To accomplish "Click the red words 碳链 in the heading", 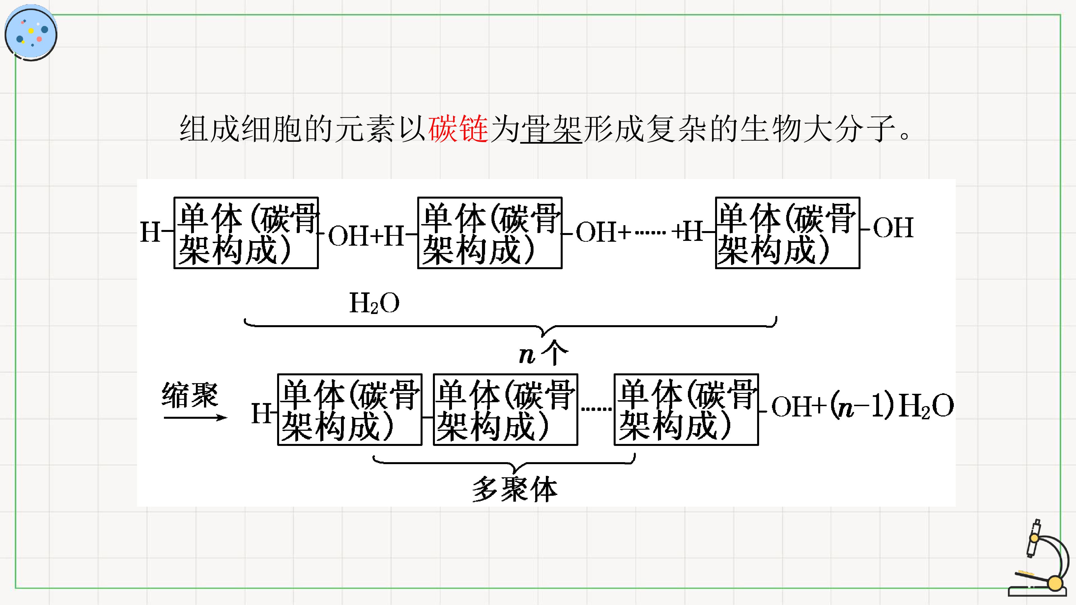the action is tap(458, 128).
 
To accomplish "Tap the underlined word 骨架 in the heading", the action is tap(551, 129).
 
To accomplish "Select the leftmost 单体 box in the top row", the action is tap(246, 232).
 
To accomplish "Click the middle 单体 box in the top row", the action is tap(490, 232).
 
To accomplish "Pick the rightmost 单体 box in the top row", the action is tap(787, 232).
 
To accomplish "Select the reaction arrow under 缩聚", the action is tap(195, 417).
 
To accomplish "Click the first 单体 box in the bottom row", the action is tap(350, 409).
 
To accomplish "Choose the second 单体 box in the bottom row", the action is tap(505, 409).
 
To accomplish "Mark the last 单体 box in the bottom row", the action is tap(686, 409).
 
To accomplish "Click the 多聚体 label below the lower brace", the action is tap(515, 489).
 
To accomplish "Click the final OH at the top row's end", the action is tap(893, 227).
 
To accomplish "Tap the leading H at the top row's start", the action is tap(150, 232).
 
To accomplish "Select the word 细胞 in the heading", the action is tap(272, 128).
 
